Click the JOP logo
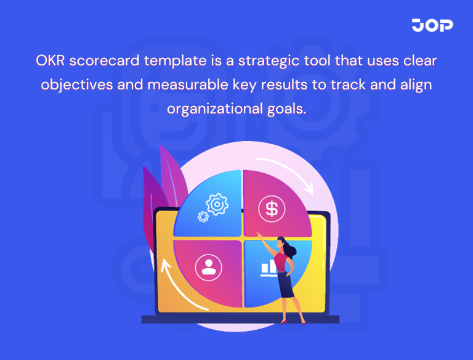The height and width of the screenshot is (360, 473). click(432, 25)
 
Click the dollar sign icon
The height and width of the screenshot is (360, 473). click(272, 208)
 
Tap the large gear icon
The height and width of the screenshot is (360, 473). click(217, 203)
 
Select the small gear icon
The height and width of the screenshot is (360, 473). click(202, 216)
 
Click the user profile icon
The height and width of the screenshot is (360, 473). click(208, 267)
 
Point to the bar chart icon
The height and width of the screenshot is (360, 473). click(269, 268)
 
